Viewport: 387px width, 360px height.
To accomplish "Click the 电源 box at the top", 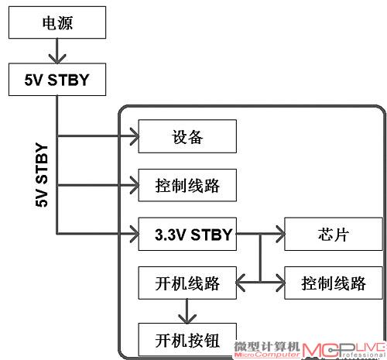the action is tap(57, 22).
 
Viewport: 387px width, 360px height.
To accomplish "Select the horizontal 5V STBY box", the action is tap(57, 80).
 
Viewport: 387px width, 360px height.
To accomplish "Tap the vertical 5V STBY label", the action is tap(42, 175).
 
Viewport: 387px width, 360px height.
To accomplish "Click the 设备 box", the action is tap(187, 136).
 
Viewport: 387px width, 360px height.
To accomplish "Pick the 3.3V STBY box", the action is tap(187, 234).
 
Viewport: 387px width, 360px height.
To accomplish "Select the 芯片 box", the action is tap(334, 234).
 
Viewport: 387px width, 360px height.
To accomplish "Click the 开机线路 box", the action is tap(187, 283).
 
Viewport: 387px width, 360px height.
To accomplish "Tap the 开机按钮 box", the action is tap(187, 340).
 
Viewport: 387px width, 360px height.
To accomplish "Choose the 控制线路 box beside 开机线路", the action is tap(334, 283).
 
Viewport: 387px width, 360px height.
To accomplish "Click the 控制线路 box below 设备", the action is tap(187, 185).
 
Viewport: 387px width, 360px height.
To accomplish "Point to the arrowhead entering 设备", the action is tap(135, 136).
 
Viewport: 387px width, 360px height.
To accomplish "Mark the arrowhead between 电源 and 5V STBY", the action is tap(57, 59).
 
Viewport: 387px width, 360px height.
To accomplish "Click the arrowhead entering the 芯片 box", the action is tap(281, 234).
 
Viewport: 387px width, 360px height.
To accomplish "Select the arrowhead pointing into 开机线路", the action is tap(241, 283).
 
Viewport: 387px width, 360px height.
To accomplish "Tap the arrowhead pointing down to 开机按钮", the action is tap(187, 319).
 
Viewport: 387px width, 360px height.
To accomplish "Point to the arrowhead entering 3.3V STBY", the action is tap(135, 234).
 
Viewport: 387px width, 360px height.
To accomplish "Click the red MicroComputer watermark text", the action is tap(267, 355).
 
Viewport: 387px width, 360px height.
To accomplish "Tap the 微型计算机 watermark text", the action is tap(267, 346).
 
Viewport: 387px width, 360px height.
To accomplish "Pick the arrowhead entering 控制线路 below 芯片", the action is tap(281, 283).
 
